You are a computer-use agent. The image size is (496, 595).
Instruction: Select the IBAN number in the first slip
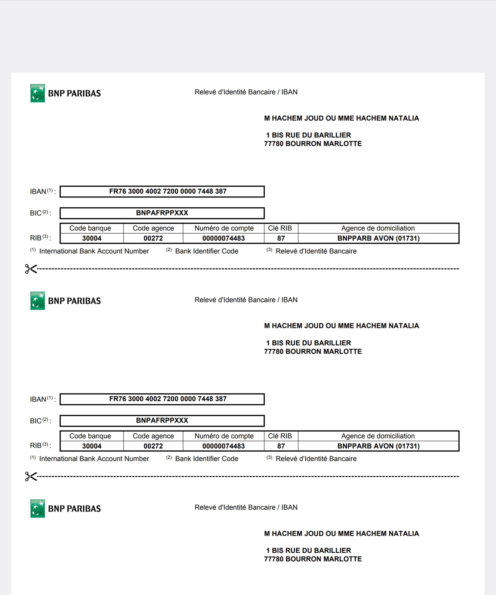pyautogui.click(x=168, y=191)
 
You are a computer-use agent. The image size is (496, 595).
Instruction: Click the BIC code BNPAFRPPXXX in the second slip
pyautogui.click(x=162, y=420)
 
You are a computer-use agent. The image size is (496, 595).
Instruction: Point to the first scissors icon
pyautogui.click(x=31, y=269)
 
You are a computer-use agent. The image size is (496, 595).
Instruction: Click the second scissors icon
pyautogui.click(x=31, y=476)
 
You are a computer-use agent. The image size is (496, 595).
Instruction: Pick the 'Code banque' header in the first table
pyautogui.click(x=90, y=228)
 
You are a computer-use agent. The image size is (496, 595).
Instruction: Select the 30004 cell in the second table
pyautogui.click(x=92, y=446)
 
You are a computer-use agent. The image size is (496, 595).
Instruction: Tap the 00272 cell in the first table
pyautogui.click(x=153, y=238)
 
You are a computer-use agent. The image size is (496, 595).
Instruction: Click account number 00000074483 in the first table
pyautogui.click(x=223, y=238)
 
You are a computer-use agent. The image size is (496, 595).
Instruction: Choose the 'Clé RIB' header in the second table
pyautogui.click(x=280, y=436)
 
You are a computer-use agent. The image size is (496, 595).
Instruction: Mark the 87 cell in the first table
pyautogui.click(x=281, y=238)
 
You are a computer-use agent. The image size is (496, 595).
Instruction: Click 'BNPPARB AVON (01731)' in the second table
pyautogui.click(x=378, y=446)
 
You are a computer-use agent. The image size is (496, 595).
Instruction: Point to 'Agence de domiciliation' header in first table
pyautogui.click(x=378, y=228)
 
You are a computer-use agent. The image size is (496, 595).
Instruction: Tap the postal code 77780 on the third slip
pyautogui.click(x=274, y=559)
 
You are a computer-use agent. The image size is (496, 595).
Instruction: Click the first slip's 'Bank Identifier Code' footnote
pyautogui.click(x=206, y=251)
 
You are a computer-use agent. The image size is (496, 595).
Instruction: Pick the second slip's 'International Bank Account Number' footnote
pyautogui.click(x=94, y=459)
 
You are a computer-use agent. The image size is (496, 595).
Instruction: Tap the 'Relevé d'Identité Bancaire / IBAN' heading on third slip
pyautogui.click(x=246, y=507)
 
